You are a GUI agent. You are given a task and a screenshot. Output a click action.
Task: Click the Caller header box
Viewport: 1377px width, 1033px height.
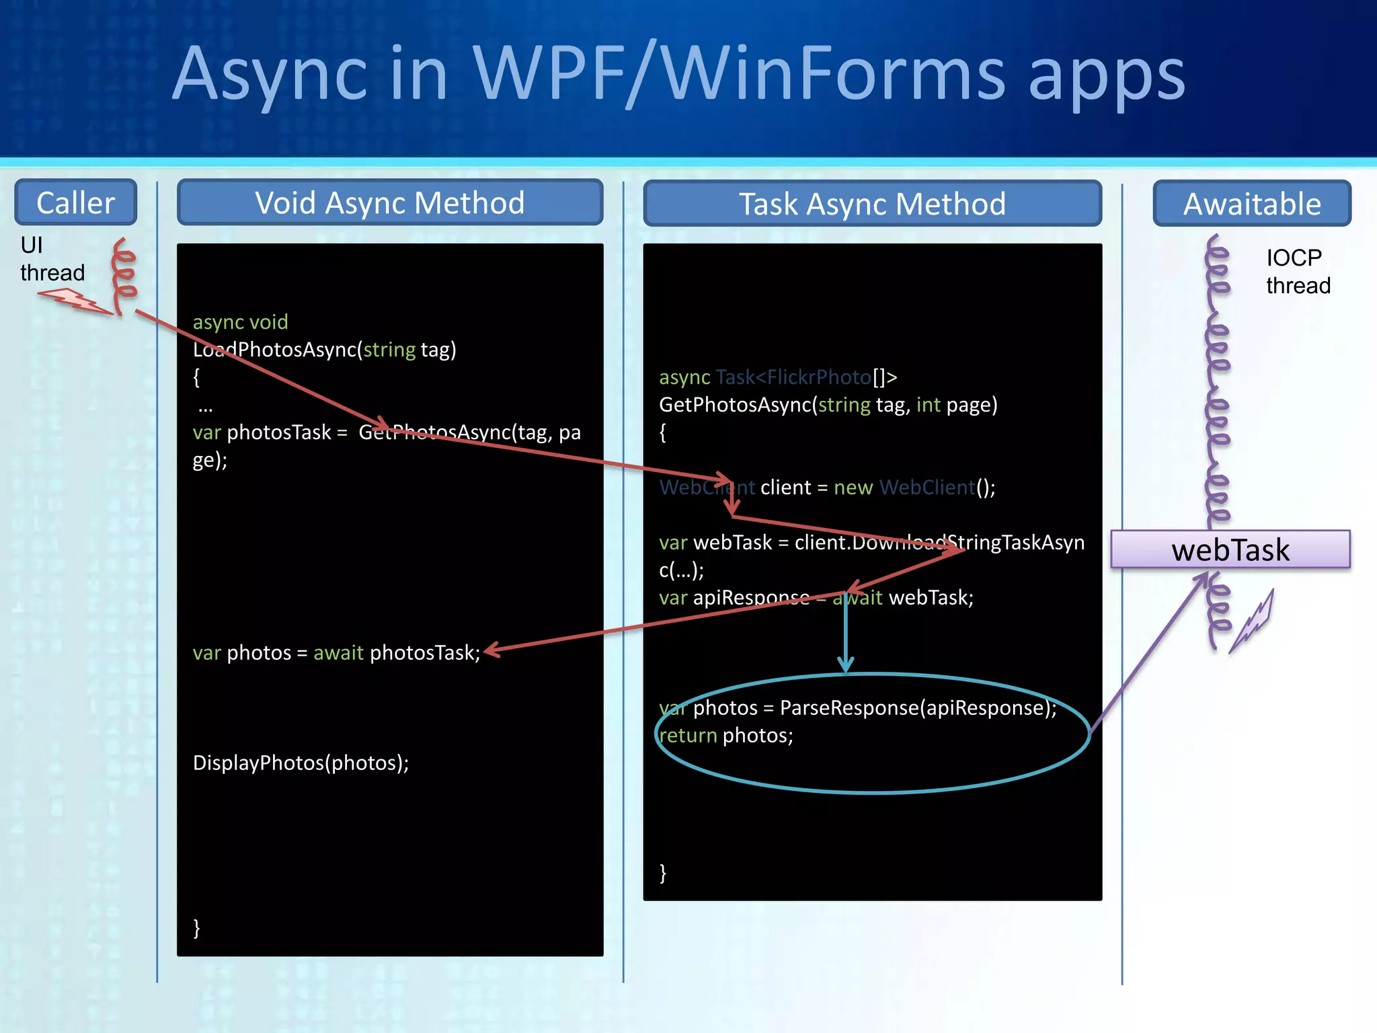(75, 202)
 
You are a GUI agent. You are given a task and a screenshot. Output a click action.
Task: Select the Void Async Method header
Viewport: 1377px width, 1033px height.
(390, 202)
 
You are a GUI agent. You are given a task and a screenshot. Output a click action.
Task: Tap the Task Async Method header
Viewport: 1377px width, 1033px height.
(872, 204)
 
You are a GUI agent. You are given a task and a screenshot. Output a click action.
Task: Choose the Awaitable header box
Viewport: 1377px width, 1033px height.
(1252, 204)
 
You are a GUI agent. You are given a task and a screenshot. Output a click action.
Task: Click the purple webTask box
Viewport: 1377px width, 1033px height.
(1230, 550)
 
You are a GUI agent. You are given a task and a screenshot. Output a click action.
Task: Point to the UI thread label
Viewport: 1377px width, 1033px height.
(52, 259)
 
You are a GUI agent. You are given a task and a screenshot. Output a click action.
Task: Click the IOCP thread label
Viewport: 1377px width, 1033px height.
(1298, 272)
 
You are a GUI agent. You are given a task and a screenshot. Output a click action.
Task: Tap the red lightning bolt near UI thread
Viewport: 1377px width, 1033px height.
(74, 301)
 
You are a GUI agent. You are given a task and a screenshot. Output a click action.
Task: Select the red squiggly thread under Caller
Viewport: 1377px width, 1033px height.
(123, 276)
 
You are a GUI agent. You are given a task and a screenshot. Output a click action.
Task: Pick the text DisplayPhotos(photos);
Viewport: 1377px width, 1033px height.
(301, 763)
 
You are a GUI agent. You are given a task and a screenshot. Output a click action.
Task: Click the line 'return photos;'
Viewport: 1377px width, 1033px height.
(725, 736)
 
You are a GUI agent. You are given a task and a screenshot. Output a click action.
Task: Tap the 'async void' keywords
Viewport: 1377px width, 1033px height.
(240, 322)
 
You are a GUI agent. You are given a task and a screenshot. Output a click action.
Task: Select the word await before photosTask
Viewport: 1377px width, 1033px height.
(338, 653)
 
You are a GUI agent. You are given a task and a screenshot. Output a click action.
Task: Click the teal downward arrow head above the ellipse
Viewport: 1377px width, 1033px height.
(845, 664)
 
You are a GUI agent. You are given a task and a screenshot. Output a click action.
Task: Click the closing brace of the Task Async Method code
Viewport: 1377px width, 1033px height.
(663, 873)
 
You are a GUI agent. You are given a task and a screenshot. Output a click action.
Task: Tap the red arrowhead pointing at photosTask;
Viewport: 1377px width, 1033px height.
(491, 650)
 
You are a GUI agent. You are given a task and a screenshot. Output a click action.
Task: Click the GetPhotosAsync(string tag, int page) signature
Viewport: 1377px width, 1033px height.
(828, 405)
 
